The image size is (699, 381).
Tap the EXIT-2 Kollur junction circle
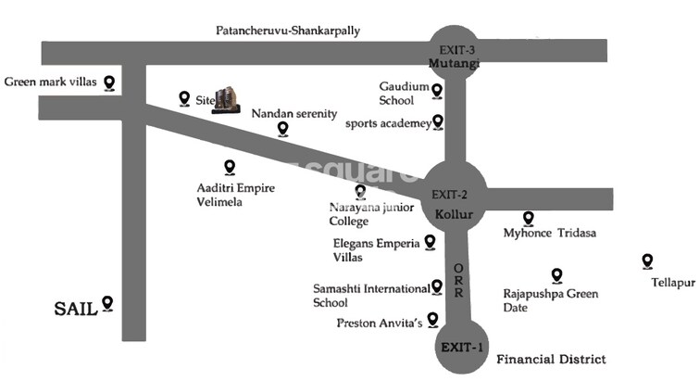tap(454, 197)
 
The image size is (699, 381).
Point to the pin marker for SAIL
tap(107, 303)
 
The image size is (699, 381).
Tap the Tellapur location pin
tap(647, 262)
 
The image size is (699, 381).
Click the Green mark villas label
tap(51, 82)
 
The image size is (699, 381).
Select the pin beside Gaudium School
tap(437, 91)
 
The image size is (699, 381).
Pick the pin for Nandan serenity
tap(282, 130)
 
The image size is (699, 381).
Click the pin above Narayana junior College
tap(360, 192)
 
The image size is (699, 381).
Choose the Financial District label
tap(551, 359)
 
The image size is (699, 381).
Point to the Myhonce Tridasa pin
tap(528, 219)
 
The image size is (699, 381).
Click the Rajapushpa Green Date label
tap(550, 300)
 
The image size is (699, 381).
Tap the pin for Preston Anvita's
tap(432, 319)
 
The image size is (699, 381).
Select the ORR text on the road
tap(457, 280)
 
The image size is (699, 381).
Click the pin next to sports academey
tap(438, 121)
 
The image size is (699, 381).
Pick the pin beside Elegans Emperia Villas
tap(430, 242)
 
